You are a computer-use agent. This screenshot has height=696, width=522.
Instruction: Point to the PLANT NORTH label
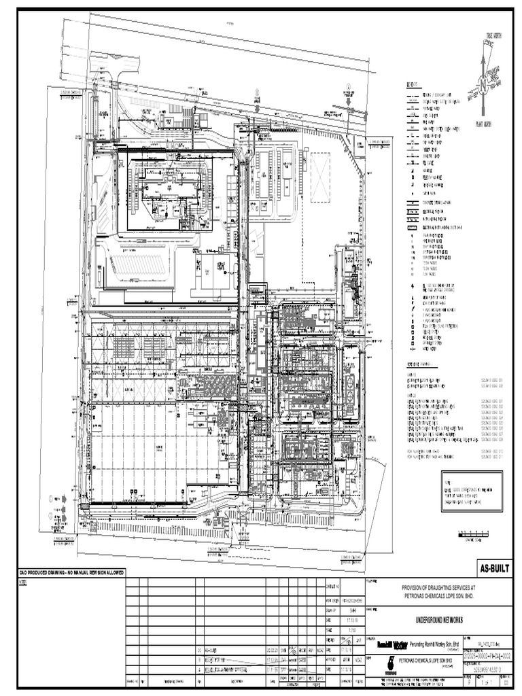[x=483, y=124]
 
